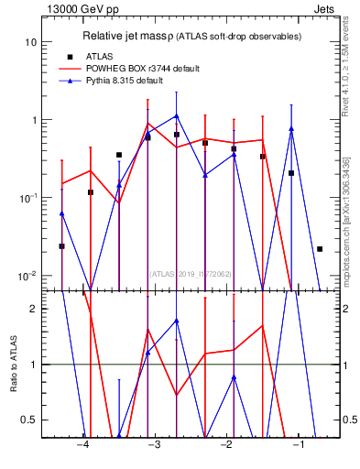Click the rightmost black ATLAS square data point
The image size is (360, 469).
click(x=320, y=249)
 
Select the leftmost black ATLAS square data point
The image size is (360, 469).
click(x=61, y=246)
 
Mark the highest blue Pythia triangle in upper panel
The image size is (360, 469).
click(x=176, y=116)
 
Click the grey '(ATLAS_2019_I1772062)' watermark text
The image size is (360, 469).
click(x=191, y=273)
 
